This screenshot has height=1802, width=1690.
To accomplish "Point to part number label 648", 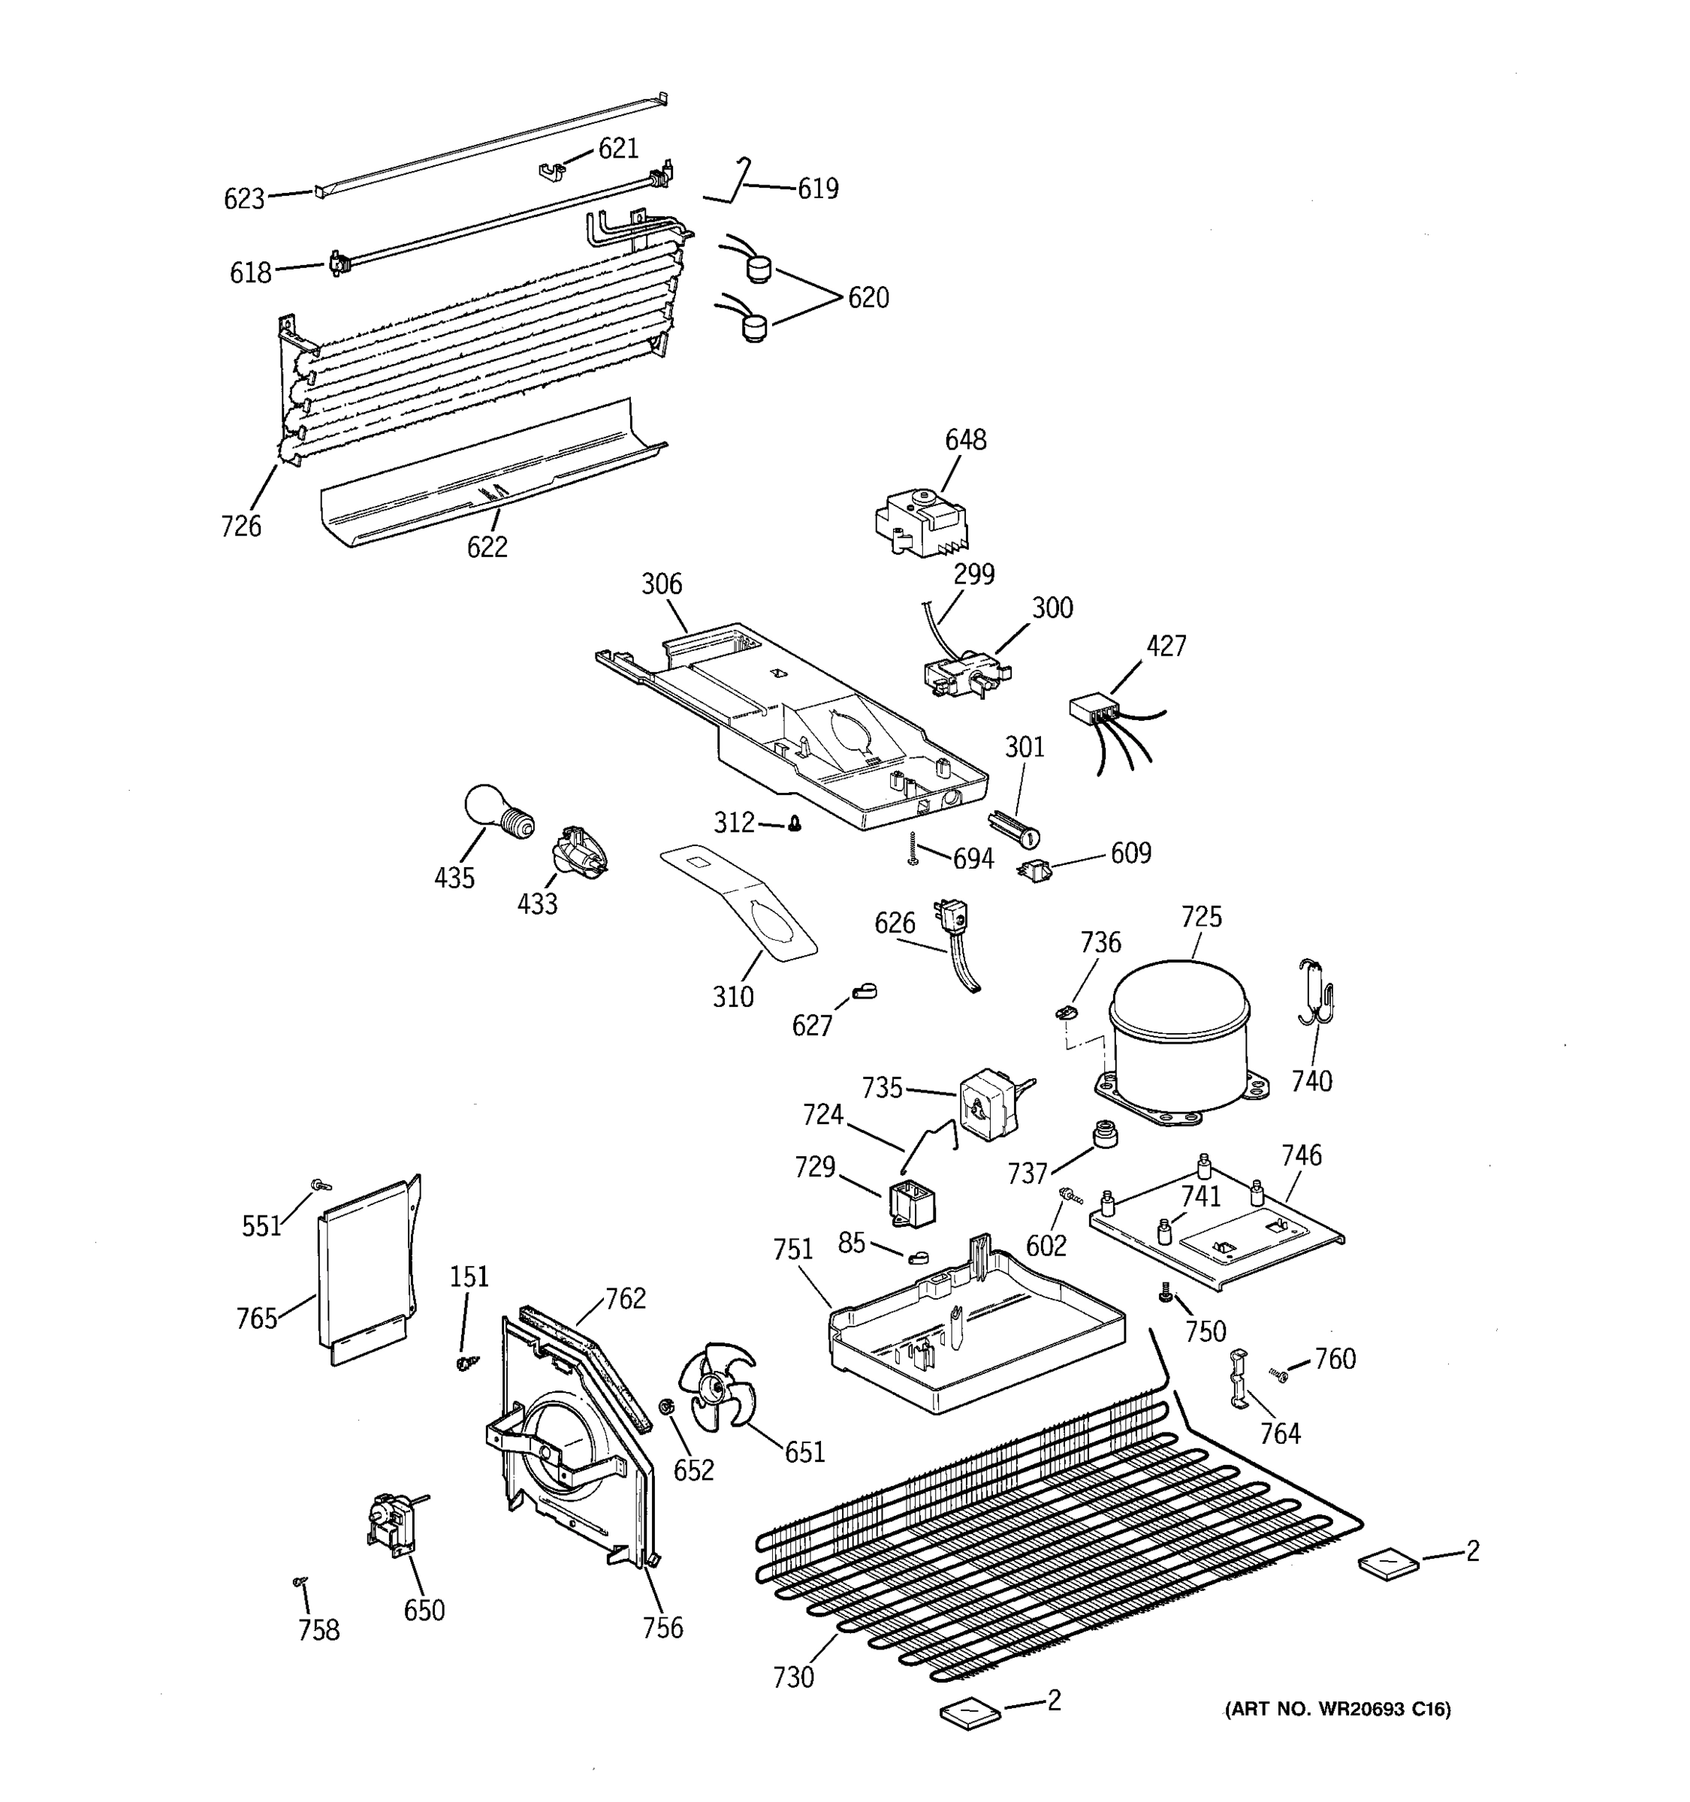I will pos(966,441).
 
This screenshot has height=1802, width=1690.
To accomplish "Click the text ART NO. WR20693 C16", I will pos(1337,1710).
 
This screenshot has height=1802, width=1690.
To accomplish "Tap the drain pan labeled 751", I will pos(975,1333).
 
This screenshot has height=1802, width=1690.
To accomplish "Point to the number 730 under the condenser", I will pos(793,1678).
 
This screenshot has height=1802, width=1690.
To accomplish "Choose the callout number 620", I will pos(868,298).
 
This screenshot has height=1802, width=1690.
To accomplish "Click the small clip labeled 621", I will pos(552,170).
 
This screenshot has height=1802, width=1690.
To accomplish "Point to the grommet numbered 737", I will pos(1104,1134).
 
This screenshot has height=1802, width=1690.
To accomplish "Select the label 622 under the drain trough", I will pos(487,547).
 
